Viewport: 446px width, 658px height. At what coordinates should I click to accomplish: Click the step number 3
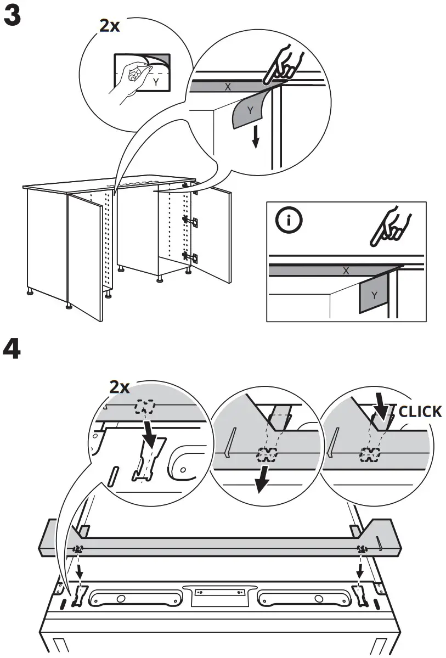13,17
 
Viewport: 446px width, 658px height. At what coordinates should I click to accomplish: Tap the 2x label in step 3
109,26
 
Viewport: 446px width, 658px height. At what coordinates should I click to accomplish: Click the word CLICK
420,411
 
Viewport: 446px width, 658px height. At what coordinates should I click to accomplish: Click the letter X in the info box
346,270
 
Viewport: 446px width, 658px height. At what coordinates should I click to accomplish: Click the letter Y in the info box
374,295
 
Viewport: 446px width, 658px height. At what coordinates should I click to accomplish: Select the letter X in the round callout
228,86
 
